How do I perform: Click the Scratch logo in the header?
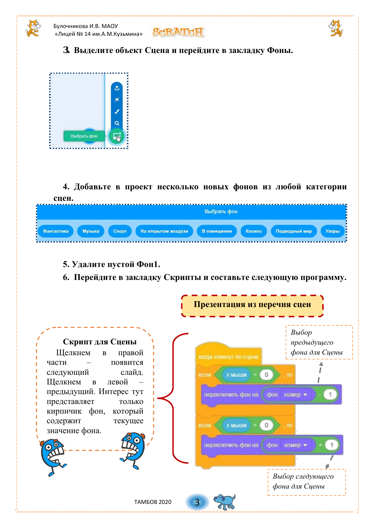point(178,32)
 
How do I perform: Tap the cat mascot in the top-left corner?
point(33,28)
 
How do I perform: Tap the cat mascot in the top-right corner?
point(335,28)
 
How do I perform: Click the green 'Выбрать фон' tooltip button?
point(84,136)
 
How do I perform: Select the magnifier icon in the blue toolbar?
point(117,123)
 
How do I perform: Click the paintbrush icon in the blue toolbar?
point(117,111)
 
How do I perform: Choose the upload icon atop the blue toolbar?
point(117,88)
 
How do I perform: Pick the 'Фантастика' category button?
point(56,231)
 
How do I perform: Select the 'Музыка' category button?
point(91,231)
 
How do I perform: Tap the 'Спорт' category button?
point(120,231)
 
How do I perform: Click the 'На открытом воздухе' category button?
point(164,231)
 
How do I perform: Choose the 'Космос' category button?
point(254,231)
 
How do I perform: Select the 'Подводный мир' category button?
point(294,231)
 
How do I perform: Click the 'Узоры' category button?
point(332,231)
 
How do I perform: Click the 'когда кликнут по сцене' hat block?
point(228,357)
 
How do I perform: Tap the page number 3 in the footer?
point(197,502)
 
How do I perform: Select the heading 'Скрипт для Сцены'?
point(100,342)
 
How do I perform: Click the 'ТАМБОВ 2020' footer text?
point(153,502)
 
